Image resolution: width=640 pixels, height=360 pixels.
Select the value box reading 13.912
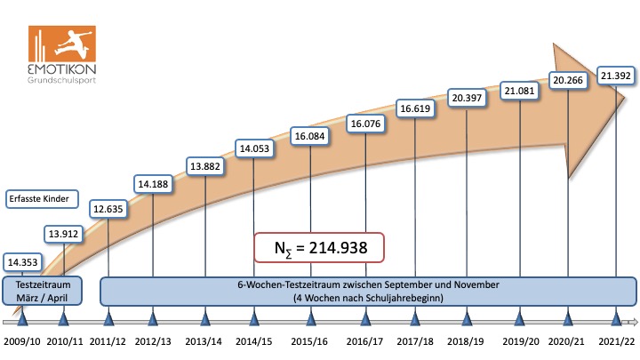[x=63, y=234]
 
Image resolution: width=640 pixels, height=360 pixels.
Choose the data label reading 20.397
[x=468, y=96]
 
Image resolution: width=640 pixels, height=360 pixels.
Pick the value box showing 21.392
[x=615, y=75]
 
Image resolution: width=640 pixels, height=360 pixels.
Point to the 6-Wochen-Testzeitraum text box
[x=368, y=291]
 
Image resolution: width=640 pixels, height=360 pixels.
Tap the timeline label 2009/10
[x=22, y=341]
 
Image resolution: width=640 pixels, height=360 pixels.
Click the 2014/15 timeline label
[x=254, y=341]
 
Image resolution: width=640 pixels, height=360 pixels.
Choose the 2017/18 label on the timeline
[x=415, y=341]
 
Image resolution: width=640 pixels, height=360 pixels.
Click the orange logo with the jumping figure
[x=61, y=45]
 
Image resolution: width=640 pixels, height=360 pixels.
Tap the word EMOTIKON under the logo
[x=61, y=69]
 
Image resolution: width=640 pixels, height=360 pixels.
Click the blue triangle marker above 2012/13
[x=153, y=318]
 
